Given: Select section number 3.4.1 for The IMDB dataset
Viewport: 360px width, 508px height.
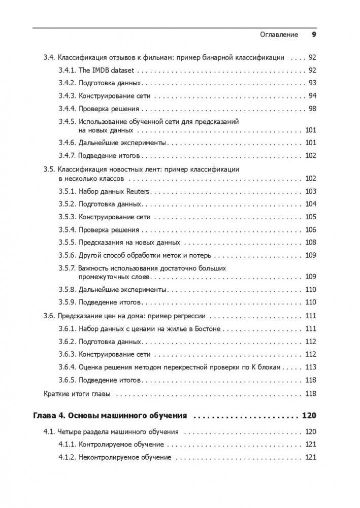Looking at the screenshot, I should (67, 70).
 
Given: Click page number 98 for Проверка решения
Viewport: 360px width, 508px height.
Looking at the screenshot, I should (312, 109).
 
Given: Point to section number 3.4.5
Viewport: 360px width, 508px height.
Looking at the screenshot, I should (67, 122).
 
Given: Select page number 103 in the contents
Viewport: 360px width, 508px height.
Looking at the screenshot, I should (310, 191).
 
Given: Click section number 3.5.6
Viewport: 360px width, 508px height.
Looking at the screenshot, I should (67, 255).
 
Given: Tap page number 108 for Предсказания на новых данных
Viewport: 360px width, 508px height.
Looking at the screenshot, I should (310, 243).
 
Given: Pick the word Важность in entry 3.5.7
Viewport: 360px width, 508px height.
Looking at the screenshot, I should (93, 268).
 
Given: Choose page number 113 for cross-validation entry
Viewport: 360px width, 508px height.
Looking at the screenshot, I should (310, 367).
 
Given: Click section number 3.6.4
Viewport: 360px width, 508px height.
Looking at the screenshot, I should (67, 367).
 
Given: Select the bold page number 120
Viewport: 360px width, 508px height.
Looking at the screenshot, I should (309, 416).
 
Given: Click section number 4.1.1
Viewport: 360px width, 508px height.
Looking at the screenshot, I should (67, 445).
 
